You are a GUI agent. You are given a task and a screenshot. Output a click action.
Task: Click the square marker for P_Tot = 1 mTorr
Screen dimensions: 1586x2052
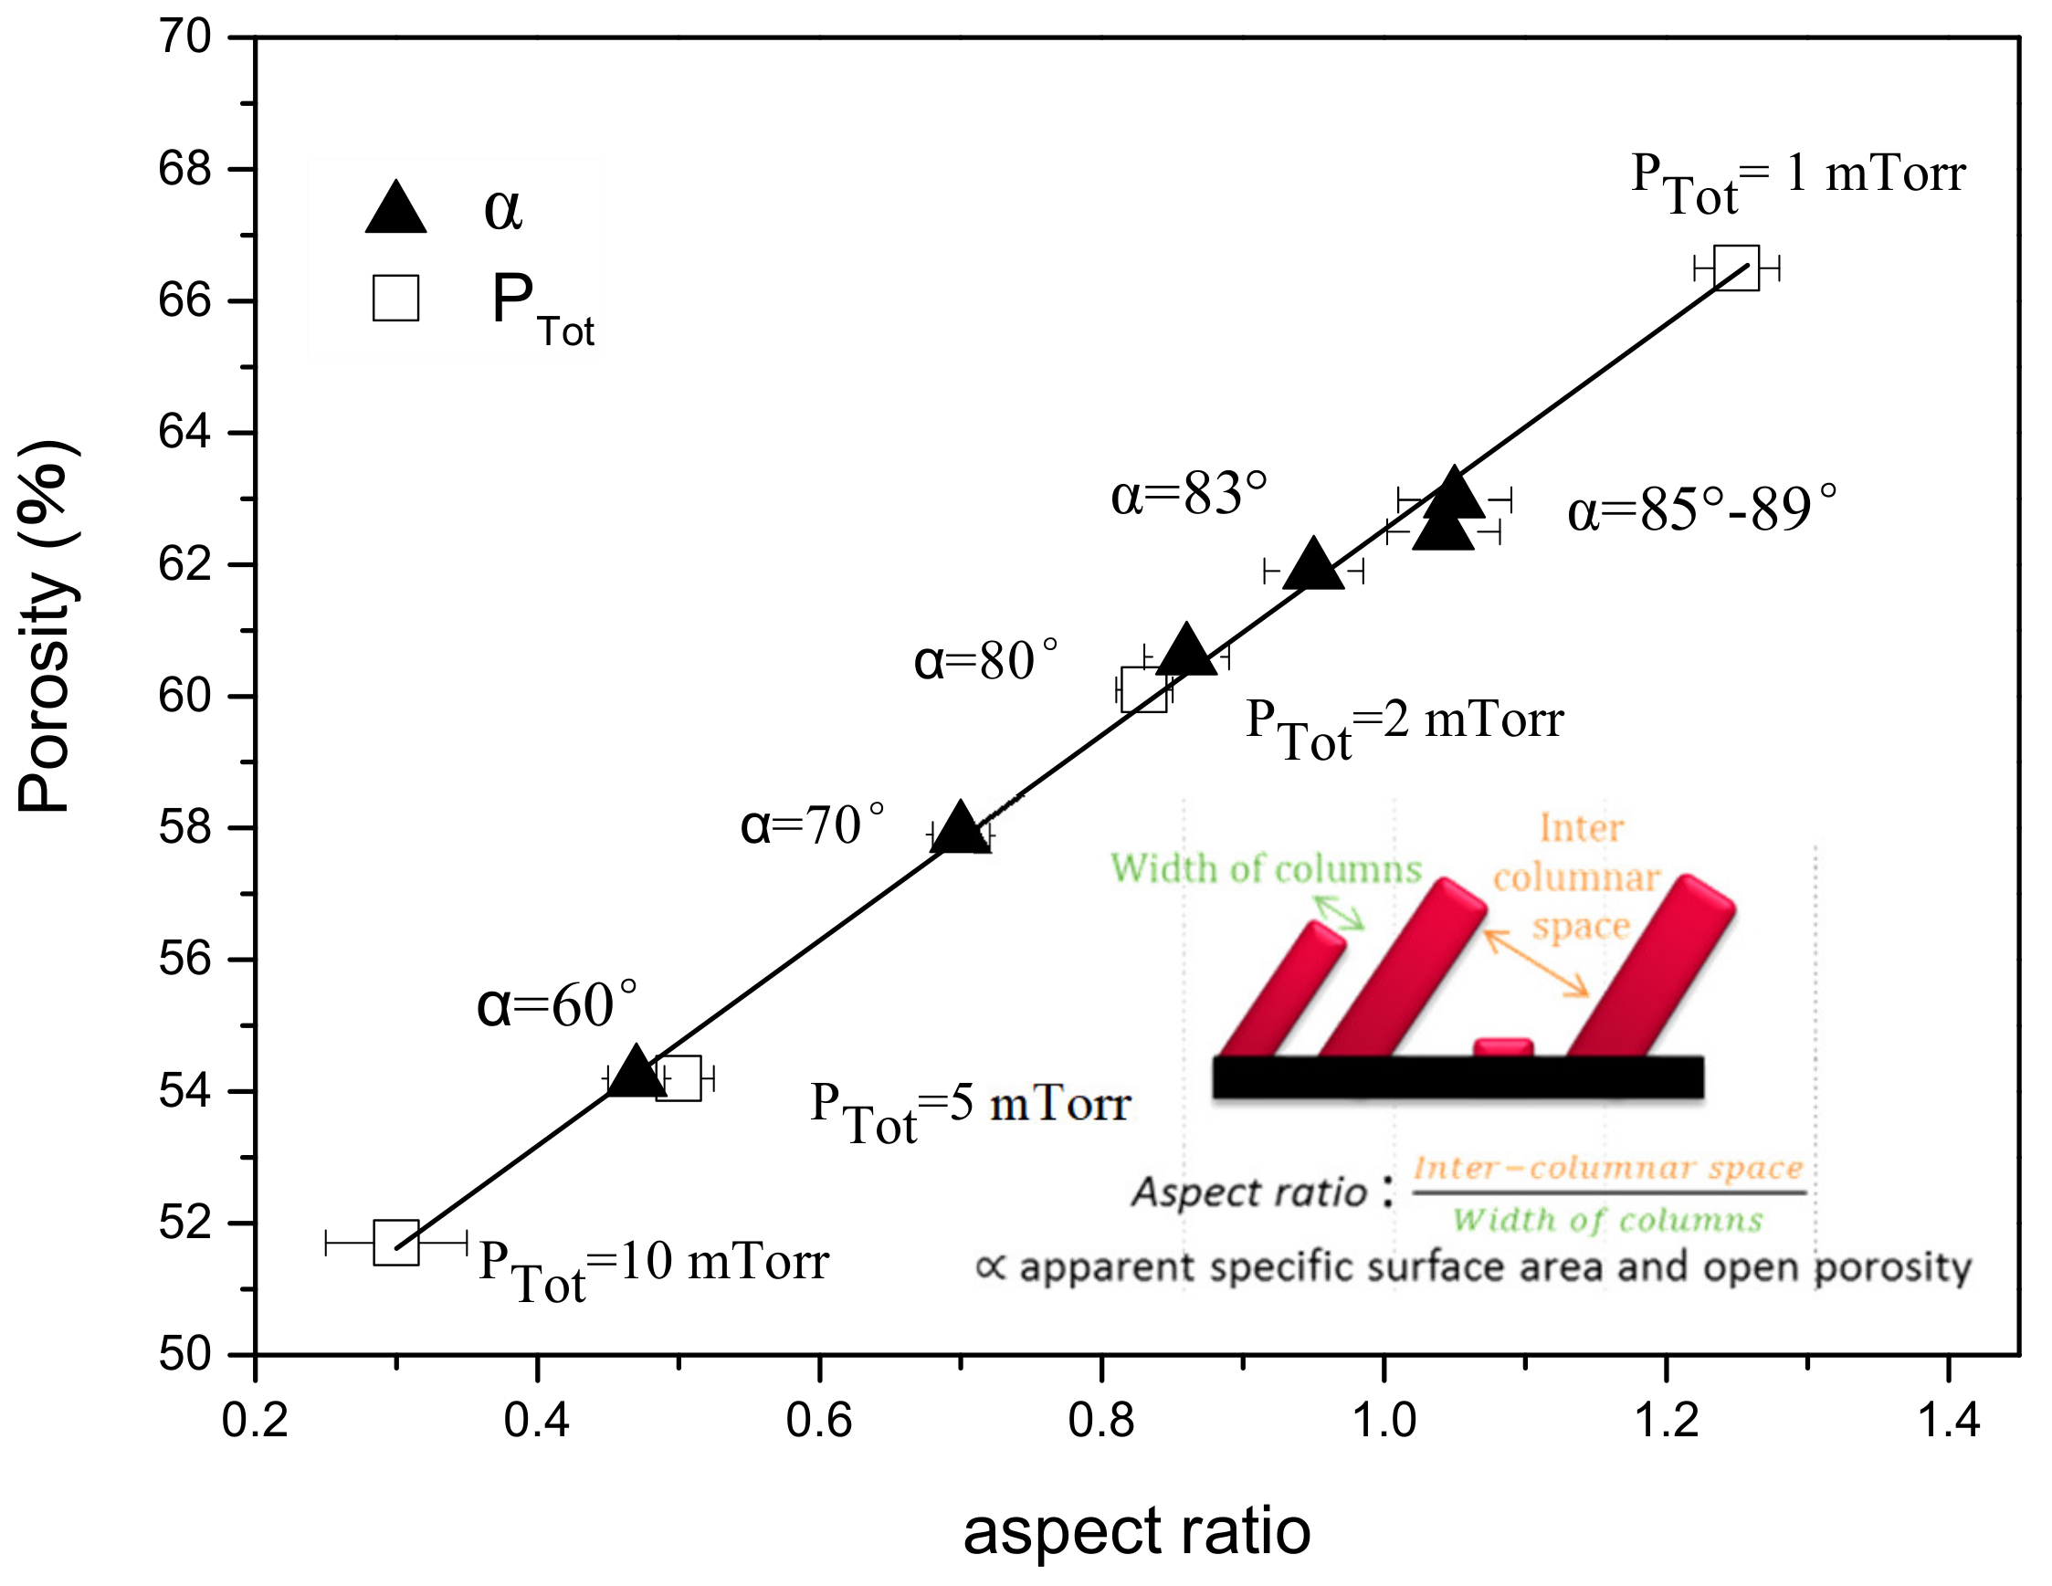pyautogui.click(x=1736, y=268)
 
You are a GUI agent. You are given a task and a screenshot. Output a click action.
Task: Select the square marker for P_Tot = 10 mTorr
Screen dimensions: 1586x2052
pyautogui.click(x=395, y=1242)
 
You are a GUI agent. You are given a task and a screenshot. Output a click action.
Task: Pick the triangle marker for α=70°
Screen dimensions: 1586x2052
pyautogui.click(x=959, y=830)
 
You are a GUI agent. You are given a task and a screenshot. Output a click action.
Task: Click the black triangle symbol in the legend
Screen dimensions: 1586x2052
pyautogui.click(x=395, y=208)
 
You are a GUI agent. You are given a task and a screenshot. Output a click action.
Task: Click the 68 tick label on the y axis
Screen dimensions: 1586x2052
pyautogui.click(x=186, y=170)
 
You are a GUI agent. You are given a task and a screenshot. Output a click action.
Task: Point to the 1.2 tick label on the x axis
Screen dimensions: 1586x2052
pyautogui.click(x=1667, y=1421)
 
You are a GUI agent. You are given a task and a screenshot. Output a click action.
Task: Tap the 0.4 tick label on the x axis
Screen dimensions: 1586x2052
pyautogui.click(x=536, y=1421)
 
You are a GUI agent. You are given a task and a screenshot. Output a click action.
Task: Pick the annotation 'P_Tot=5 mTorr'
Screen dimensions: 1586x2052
pyautogui.click(x=970, y=1108)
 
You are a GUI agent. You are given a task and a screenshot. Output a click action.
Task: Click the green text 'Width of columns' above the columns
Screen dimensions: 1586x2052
pyautogui.click(x=1266, y=869)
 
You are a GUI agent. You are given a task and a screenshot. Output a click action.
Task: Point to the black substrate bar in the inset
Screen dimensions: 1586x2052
pyautogui.click(x=1457, y=1077)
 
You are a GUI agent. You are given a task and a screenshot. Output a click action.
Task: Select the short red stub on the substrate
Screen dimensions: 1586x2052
pyautogui.click(x=1502, y=1045)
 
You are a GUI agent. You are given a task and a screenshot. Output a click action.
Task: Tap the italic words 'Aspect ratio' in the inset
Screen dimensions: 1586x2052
pyautogui.click(x=1248, y=1192)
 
